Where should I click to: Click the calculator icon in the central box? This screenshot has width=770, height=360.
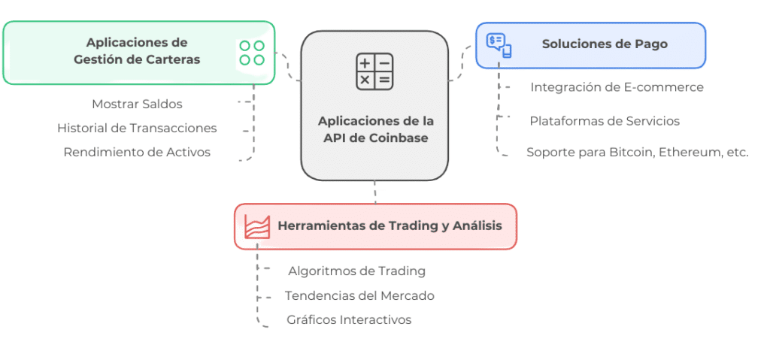point(374,71)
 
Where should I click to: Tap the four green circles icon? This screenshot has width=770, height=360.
point(252,53)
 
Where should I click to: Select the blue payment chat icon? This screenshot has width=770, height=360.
point(499,45)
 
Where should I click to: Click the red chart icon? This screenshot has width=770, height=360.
point(257,226)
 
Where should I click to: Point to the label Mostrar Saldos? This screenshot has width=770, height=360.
point(137,104)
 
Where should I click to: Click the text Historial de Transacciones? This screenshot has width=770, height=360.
point(137,129)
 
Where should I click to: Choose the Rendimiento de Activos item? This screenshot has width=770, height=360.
point(137,153)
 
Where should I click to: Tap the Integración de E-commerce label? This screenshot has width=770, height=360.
point(617,87)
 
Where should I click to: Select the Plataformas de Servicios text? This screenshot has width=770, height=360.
point(605,121)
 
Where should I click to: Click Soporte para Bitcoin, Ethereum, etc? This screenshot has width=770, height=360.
point(638,153)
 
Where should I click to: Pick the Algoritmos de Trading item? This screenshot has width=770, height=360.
point(357,271)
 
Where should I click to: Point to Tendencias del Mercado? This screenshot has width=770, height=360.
point(359,295)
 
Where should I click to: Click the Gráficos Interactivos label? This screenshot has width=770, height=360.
point(349,319)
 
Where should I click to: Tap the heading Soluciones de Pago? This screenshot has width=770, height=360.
point(605,44)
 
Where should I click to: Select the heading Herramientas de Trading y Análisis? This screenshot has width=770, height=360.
point(390,226)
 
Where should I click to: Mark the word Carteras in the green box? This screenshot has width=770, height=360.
point(174,59)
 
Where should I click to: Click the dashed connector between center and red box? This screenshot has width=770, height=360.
point(375,192)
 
